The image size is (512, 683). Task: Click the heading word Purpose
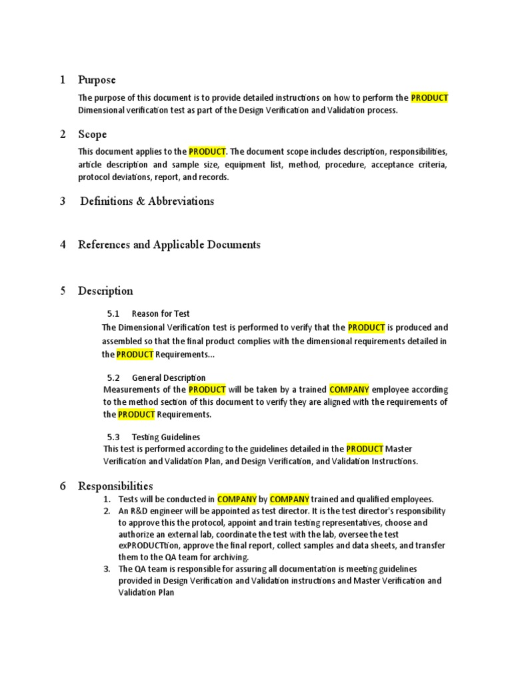97,80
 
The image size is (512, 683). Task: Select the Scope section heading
92,135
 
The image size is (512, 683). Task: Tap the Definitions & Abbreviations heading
147,201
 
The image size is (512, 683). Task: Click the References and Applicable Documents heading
169,245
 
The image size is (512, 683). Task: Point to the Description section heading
105,291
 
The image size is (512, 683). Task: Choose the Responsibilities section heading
115,486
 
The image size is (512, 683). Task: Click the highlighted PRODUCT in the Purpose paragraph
429,98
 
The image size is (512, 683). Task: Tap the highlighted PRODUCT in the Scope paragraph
207,152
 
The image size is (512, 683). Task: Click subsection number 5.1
113,313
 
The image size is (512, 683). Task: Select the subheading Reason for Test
161,313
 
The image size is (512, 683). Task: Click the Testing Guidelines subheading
166,438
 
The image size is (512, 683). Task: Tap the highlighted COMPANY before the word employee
349,390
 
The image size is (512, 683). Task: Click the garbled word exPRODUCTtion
151,546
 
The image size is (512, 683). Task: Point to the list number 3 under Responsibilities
107,569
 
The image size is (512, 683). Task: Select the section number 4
63,245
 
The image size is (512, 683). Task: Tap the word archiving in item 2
229,557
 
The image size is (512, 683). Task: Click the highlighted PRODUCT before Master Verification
365,449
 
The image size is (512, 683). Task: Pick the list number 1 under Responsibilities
107,499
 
